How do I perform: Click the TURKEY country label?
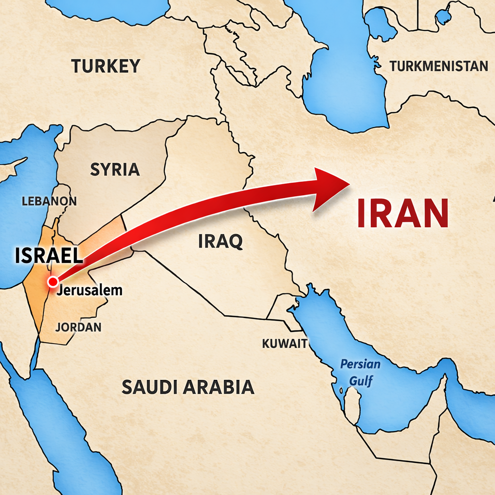click(x=106, y=66)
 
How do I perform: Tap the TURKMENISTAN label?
click(x=438, y=66)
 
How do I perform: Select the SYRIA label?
click(x=115, y=169)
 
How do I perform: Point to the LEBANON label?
click(x=49, y=201)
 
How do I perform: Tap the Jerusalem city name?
click(x=89, y=291)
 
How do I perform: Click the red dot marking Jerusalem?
click(x=53, y=281)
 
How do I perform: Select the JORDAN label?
click(x=78, y=327)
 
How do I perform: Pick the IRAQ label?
click(x=220, y=240)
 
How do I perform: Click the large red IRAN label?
click(x=403, y=213)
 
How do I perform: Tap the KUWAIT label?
click(x=284, y=344)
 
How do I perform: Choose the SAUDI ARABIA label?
click(x=188, y=387)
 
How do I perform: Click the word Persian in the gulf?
click(x=360, y=364)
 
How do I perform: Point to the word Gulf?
click(x=361, y=381)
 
